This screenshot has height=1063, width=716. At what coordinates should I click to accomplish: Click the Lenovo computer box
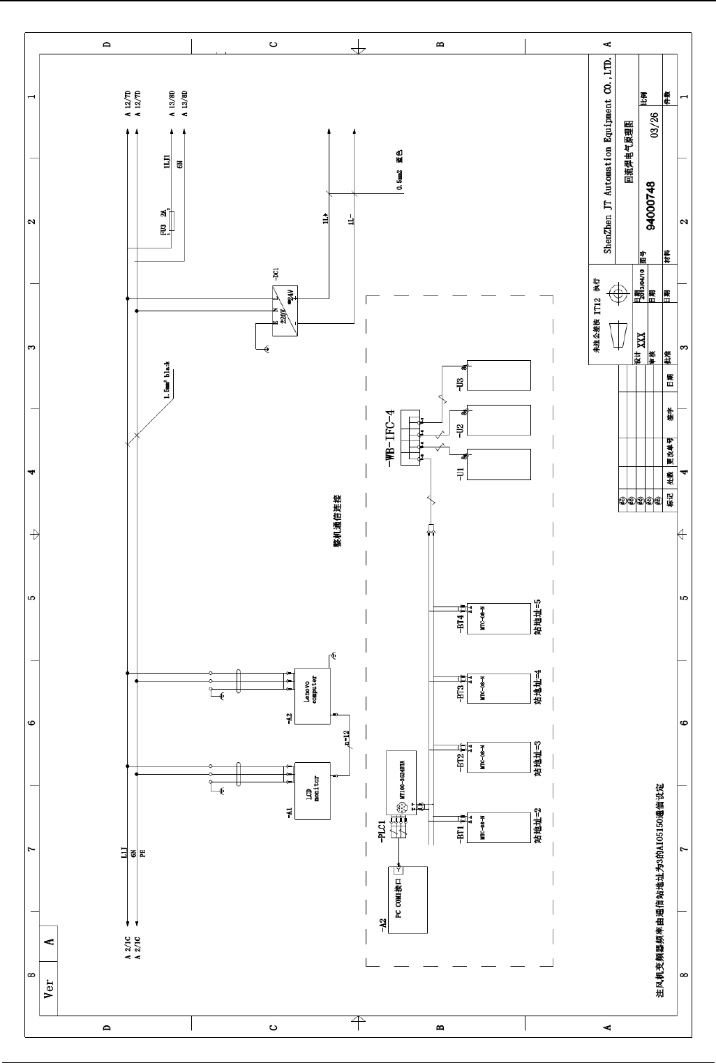coord(313,696)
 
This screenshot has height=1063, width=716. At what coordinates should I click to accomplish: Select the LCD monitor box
coord(313,790)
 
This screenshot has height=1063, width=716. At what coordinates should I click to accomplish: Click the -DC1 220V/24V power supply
coord(285,312)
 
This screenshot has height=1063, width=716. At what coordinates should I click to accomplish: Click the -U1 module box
coord(499,464)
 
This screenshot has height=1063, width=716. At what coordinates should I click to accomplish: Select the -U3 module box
coord(499,376)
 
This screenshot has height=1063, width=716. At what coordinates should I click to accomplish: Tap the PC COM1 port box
coord(407,900)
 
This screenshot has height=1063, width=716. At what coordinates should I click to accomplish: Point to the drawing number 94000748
coord(650,205)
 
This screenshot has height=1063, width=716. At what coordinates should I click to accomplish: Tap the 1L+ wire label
coord(325,221)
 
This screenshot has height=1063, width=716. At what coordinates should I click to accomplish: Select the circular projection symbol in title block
coord(617,295)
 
